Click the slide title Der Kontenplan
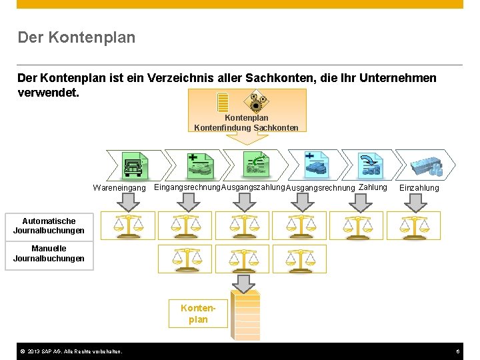(77, 37)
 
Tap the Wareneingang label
(119, 189)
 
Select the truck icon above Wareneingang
(134, 165)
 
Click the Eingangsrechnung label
(187, 187)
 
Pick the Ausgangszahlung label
(253, 187)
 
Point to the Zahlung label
(373, 187)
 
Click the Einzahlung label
(419, 188)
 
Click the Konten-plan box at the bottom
(198, 313)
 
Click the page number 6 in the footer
(458, 351)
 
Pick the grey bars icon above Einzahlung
(426, 165)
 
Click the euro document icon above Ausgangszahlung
(254, 164)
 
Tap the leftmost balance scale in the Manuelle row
(187, 258)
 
